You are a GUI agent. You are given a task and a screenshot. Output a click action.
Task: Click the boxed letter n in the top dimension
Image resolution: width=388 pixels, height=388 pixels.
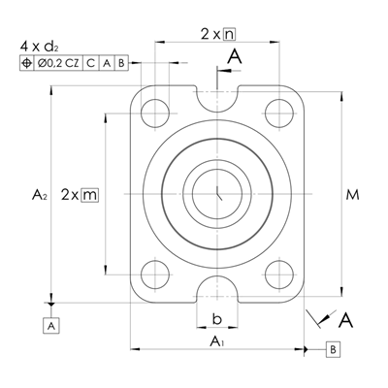[230, 34]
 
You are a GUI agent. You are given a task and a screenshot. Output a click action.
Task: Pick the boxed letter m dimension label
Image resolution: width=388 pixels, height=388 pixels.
[89, 195]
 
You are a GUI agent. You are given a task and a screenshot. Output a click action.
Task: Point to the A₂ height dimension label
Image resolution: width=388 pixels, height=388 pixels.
[40, 195]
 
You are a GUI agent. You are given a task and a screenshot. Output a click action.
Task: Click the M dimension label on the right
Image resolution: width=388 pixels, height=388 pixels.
[352, 195]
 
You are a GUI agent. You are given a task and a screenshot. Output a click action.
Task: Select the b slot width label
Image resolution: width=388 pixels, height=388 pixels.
[217, 319]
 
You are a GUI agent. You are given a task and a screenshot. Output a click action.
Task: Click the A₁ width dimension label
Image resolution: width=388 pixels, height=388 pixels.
[217, 341]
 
